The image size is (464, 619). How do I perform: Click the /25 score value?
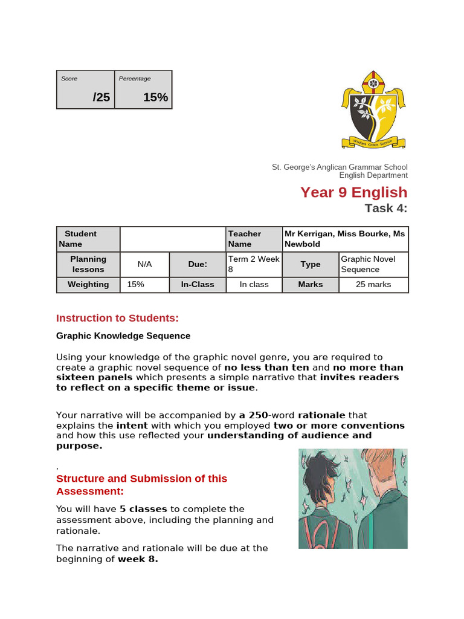pos(101,97)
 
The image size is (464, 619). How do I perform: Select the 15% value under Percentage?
pos(155,97)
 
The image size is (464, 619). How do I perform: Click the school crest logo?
pos(373,109)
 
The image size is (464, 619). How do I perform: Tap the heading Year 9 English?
pos(354,192)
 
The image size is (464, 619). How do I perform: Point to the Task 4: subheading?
pos(386,209)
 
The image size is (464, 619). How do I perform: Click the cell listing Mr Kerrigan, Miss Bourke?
pos(346,239)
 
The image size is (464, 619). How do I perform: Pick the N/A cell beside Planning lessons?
pos(144,264)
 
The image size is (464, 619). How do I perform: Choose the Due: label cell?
pos(198,264)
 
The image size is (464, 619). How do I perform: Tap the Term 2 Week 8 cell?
pos(254,264)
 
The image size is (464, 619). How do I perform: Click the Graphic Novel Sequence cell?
pos(373,264)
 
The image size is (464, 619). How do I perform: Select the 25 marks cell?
pos(373,284)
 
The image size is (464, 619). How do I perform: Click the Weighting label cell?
pos(88,284)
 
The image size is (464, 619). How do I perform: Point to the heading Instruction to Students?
pos(117,318)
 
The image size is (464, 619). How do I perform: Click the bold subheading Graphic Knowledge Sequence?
pos(123,335)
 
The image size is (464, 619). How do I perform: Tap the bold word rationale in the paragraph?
pos(322,415)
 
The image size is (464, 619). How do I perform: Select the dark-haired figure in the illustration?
pos(326,502)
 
